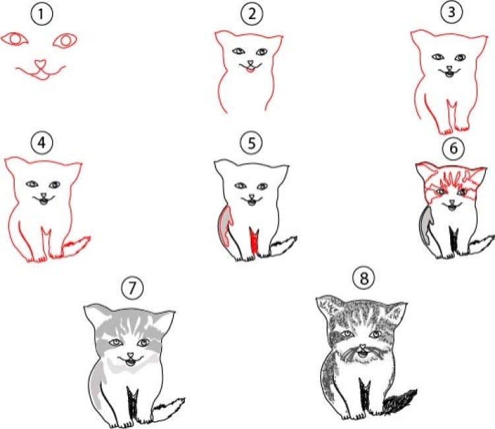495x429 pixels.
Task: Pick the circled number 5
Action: tap(251, 143)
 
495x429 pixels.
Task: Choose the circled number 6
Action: tap(453, 148)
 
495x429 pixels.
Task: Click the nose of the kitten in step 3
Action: tap(449, 68)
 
